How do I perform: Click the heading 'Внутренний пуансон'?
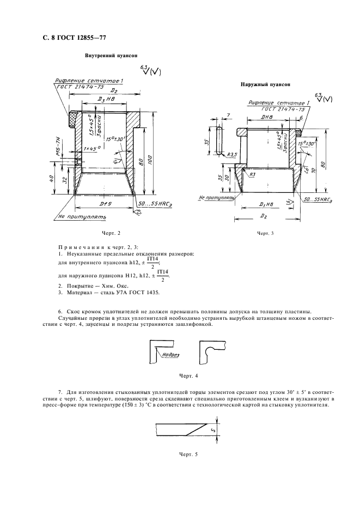click(111, 56)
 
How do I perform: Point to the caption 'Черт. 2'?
click(109, 233)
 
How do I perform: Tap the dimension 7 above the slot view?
click(229, 116)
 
